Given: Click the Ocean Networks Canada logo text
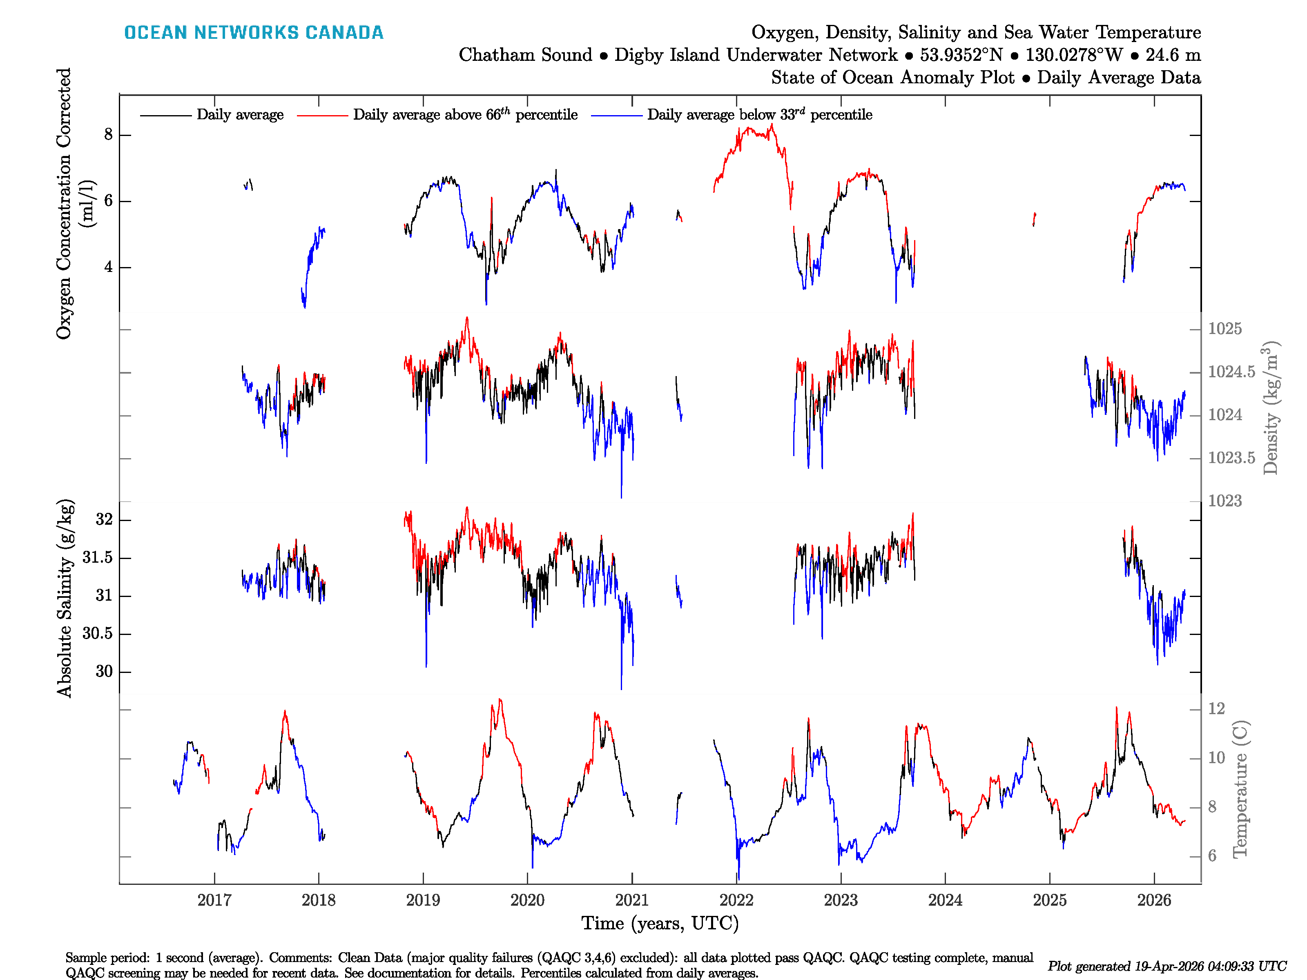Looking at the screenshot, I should tap(254, 33).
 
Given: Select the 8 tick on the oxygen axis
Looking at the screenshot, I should tap(108, 135).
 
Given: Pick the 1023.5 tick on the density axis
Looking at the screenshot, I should tap(1231, 458).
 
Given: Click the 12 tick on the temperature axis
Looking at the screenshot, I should tap(1216, 708).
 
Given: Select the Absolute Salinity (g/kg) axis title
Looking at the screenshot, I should tap(65, 598).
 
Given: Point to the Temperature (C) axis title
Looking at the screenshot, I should tap(1240, 788).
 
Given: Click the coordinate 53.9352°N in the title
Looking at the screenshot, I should tap(961, 55).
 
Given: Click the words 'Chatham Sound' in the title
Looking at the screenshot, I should tap(525, 55).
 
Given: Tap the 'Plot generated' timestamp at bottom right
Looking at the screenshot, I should tap(1166, 966).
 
